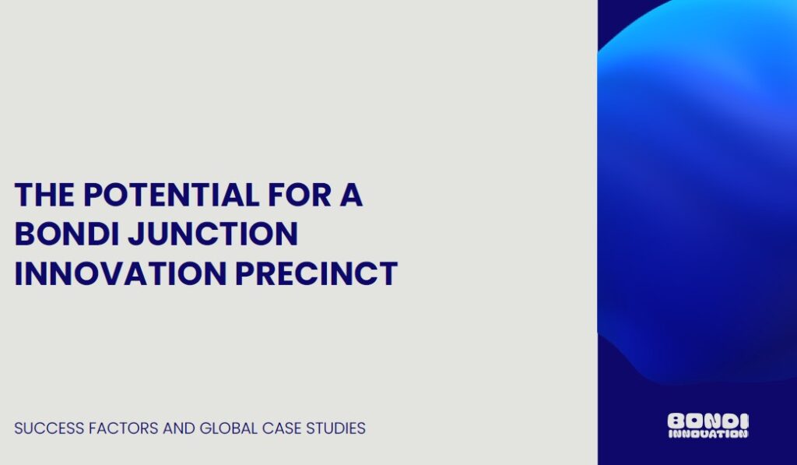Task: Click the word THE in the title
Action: (44, 195)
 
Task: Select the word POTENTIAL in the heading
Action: (171, 195)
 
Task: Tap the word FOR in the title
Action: (300, 195)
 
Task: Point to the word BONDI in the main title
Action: (67, 234)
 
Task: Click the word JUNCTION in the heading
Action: (212, 234)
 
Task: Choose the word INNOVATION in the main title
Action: (121, 273)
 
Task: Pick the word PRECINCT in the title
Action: (316, 273)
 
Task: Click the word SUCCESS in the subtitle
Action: (49, 428)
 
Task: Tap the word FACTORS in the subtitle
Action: (124, 428)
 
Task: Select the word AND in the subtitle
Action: (179, 428)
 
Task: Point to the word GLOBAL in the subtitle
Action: (229, 428)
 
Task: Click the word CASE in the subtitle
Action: (282, 428)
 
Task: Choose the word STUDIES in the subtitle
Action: (335, 428)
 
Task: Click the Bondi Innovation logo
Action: (707, 425)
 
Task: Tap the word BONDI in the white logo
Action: (707, 421)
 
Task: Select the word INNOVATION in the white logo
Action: (707, 434)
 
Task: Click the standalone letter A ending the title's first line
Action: (351, 195)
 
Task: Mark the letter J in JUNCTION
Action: (135, 234)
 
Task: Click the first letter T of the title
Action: (23, 195)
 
